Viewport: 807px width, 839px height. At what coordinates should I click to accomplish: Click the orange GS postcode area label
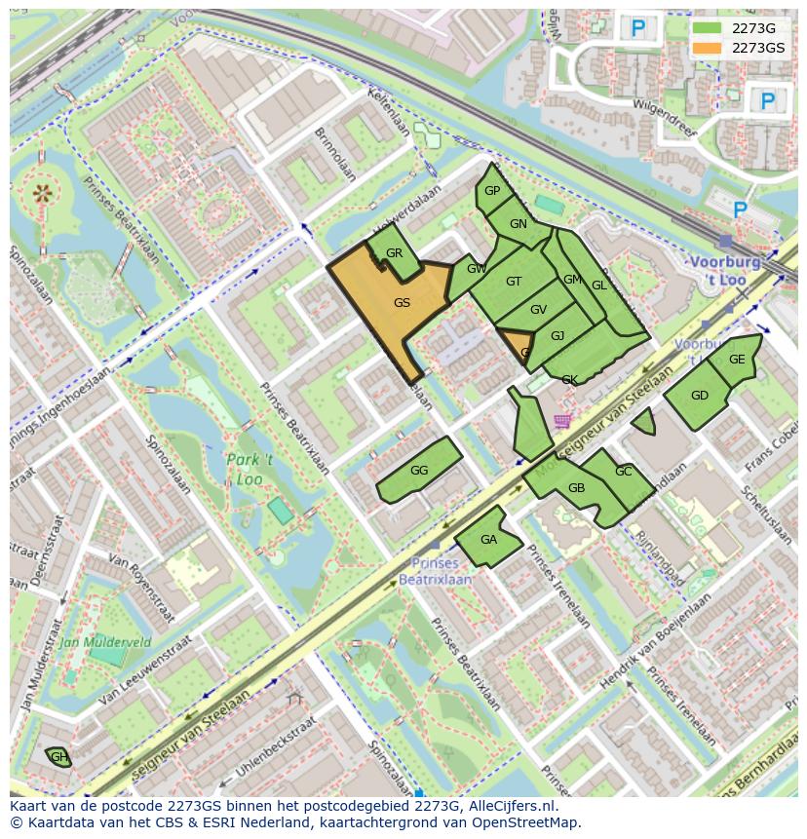coord(402,303)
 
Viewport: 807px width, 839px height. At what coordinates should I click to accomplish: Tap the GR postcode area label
coord(394,253)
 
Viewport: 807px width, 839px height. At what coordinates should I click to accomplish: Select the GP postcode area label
coord(492,191)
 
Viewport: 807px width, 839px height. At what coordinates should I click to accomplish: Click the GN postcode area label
coord(518,224)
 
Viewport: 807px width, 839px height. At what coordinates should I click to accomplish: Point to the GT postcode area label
coord(514,282)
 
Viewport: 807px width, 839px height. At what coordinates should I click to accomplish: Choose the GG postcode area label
coord(419,471)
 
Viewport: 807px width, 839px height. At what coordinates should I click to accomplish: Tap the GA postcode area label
coord(488,540)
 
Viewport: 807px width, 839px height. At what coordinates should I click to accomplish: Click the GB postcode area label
coord(576,488)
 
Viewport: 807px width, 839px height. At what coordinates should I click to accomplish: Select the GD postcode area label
coord(699,396)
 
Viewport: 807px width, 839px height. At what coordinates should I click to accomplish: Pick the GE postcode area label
coord(737,360)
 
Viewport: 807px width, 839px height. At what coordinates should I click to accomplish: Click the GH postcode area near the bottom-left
coord(58,757)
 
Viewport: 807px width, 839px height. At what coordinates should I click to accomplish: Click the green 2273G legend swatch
coord(707,28)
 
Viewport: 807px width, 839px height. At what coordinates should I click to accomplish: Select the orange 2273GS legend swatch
coord(707,48)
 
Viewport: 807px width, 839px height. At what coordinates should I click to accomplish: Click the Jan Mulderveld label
coord(104,642)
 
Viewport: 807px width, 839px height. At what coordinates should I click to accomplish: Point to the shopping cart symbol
coord(562,421)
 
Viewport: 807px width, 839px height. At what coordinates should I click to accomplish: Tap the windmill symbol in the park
coord(42,193)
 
